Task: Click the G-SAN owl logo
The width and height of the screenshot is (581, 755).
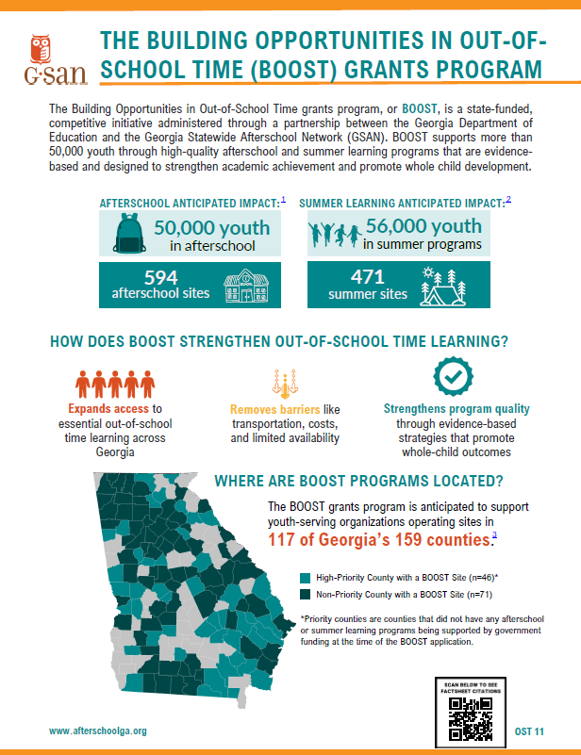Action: click(43, 57)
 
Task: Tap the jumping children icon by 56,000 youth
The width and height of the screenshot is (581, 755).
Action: click(334, 232)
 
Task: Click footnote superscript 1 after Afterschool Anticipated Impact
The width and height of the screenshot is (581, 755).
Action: click(283, 199)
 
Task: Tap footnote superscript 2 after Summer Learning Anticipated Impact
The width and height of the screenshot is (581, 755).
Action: click(508, 199)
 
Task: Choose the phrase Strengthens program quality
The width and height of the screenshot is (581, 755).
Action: click(456, 409)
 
